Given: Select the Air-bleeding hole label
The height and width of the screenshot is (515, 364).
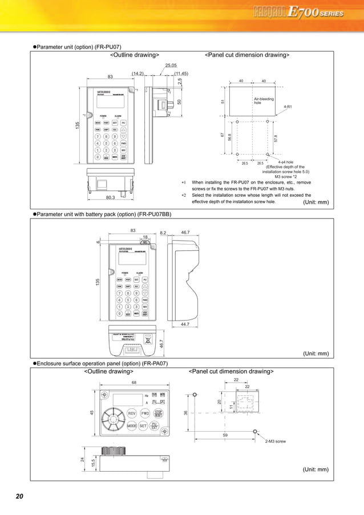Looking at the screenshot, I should click(x=263, y=101).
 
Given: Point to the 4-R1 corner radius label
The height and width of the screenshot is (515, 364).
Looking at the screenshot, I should click(x=289, y=107).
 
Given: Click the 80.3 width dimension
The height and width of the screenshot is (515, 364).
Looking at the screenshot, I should click(x=111, y=198).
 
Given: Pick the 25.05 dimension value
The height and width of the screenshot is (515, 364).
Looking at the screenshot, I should click(x=171, y=66).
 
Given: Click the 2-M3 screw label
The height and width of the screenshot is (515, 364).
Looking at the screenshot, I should click(x=276, y=441).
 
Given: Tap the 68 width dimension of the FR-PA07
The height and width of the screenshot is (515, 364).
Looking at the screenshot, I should click(x=134, y=382).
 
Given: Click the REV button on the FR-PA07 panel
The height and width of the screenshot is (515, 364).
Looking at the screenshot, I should click(x=131, y=413).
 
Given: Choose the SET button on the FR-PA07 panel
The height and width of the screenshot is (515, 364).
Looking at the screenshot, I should click(x=143, y=425).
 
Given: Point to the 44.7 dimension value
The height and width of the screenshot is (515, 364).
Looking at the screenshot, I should click(x=184, y=324).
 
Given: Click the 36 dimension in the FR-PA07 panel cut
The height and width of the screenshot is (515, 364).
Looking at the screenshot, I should click(x=185, y=413).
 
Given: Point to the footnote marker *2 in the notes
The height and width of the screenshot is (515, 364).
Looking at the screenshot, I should click(x=184, y=195).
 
